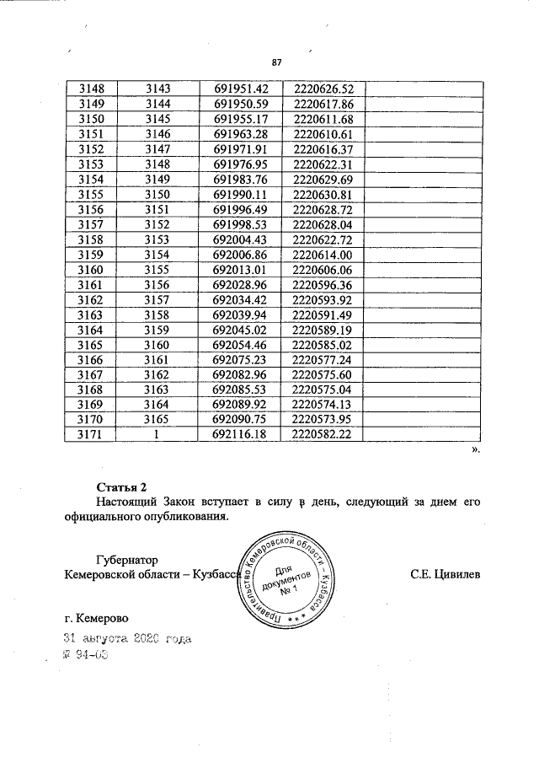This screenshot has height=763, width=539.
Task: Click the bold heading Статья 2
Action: pos(122,486)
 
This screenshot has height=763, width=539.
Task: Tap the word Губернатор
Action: pos(127,559)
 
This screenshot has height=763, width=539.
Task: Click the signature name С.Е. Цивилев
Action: pos(446,575)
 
